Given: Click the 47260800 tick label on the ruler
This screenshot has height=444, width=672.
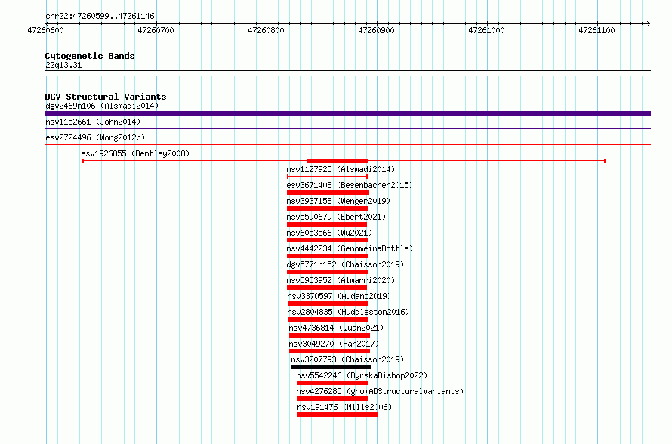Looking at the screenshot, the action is pyautogui.click(x=266, y=30).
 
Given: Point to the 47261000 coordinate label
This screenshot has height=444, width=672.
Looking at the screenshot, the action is pyautogui.click(x=486, y=30).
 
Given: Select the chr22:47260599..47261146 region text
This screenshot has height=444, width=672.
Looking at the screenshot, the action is pyautogui.click(x=100, y=17).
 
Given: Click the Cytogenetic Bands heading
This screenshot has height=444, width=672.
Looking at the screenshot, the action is pyautogui.click(x=90, y=56).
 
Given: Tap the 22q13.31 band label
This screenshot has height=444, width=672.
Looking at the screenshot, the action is pyautogui.click(x=63, y=65).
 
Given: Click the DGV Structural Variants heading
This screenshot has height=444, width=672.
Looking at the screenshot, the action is pyautogui.click(x=106, y=97).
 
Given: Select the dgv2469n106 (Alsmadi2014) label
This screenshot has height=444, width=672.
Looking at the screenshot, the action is pyautogui.click(x=102, y=106).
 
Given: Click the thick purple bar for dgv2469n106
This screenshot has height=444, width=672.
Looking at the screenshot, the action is pyautogui.click(x=347, y=113).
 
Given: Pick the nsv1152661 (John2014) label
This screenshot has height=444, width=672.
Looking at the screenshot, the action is pyautogui.click(x=93, y=122).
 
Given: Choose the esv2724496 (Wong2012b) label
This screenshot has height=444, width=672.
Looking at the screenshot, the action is pyautogui.click(x=95, y=137).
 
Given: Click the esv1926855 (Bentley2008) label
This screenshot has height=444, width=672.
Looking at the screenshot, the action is pyautogui.click(x=135, y=153).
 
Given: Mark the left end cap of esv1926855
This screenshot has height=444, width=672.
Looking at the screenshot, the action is pyautogui.click(x=83, y=161).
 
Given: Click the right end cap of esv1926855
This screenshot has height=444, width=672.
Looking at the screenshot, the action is pyautogui.click(x=605, y=161).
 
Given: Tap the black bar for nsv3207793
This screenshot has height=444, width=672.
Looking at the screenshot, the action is pyautogui.click(x=331, y=367).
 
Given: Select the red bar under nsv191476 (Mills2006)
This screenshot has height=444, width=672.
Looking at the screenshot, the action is pyautogui.click(x=338, y=415).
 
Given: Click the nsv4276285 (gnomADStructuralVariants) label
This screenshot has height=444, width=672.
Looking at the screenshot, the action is pyautogui.click(x=380, y=391).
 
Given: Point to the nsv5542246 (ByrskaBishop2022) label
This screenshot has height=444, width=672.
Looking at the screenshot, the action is pyautogui.click(x=362, y=375).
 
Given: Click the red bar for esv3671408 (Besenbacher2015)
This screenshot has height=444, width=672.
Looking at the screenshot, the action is pyautogui.click(x=328, y=193).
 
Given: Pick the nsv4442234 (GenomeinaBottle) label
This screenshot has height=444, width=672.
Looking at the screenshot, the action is pyautogui.click(x=350, y=248).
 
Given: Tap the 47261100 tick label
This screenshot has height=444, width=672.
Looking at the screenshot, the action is pyautogui.click(x=596, y=30).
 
